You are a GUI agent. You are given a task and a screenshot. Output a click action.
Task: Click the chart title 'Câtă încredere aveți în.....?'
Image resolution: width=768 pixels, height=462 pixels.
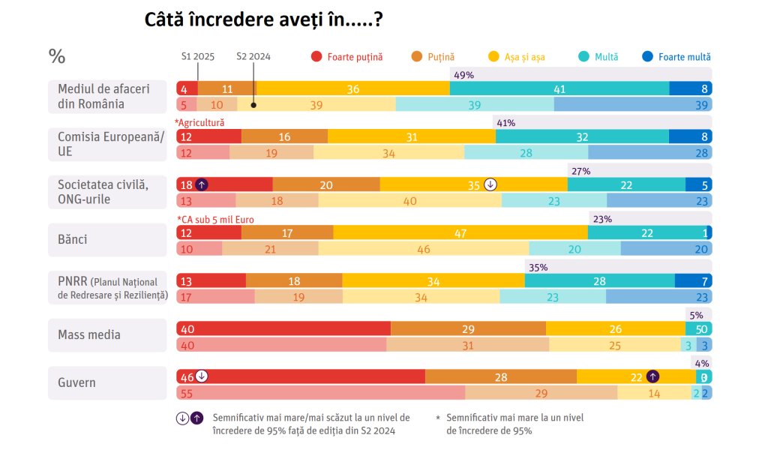265,19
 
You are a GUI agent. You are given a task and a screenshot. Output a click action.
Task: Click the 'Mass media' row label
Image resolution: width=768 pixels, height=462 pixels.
89,334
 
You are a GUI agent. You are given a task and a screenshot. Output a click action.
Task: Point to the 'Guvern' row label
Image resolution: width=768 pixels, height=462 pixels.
77,382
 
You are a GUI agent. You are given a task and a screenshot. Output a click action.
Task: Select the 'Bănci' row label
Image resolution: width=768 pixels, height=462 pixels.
73,239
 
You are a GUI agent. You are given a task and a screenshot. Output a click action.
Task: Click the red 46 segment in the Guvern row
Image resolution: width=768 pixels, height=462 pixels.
300,376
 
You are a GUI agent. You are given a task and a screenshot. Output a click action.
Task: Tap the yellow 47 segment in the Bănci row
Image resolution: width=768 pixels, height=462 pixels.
460,232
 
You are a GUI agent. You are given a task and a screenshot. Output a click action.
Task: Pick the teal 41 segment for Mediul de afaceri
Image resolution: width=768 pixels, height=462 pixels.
559,88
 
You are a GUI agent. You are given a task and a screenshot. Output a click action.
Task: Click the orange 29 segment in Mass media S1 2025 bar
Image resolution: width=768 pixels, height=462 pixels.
468,328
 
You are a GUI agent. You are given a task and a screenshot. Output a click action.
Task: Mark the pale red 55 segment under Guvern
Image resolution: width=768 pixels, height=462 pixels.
320,393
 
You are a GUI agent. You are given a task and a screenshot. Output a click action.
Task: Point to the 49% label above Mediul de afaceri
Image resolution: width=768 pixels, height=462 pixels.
464,75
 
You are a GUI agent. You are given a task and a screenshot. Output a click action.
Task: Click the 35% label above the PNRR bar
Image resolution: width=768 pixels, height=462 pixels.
538,266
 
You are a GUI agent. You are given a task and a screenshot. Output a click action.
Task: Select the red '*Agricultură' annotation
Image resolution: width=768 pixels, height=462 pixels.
199,122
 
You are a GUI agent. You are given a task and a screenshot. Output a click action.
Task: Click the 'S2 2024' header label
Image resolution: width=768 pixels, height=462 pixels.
253,56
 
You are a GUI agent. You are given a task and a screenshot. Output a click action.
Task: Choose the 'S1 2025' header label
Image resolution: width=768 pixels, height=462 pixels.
198,56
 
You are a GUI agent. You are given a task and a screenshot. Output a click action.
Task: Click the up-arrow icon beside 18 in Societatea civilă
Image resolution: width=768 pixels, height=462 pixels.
202,184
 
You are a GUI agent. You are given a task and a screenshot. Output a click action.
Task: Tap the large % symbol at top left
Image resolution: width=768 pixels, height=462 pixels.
57,56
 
